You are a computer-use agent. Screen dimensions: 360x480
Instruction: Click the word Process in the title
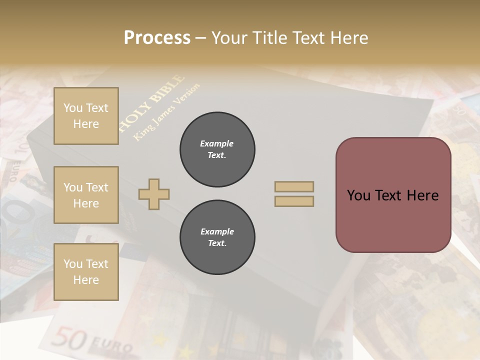coord(157,38)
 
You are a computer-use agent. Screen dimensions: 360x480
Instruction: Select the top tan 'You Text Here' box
coord(86,116)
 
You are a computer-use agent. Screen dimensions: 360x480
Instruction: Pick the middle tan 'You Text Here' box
coord(86,195)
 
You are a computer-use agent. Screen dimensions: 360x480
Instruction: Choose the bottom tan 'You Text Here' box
coord(86,272)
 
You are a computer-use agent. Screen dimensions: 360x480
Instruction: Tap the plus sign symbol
coord(154,194)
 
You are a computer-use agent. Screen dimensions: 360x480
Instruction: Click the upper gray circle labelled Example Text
coord(217,149)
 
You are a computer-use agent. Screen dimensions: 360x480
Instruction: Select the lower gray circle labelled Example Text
coord(217,237)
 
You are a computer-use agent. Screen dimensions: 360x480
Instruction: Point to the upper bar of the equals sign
coord(294,186)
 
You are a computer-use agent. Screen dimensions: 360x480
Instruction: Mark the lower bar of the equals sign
coord(294,201)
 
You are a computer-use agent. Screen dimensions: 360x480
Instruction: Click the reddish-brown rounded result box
coord(393,194)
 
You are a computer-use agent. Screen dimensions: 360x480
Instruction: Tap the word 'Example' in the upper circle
coord(217,143)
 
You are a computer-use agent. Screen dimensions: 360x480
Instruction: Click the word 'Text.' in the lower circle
coord(217,243)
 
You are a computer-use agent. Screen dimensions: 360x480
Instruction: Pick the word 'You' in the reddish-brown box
coord(359,195)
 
